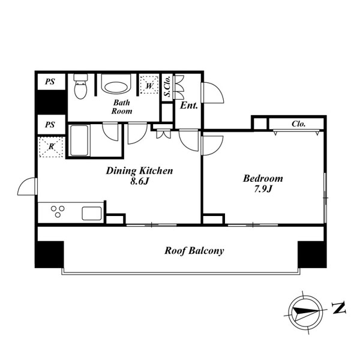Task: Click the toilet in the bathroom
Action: tap(80, 86)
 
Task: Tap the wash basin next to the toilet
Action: tap(116, 84)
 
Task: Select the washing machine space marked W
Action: tap(149, 85)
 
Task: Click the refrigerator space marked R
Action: tap(51, 147)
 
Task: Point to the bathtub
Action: tap(79, 140)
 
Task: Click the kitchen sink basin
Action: tap(92, 214)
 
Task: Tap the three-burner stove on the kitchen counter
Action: tap(58, 211)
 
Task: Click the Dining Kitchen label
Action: tap(139, 170)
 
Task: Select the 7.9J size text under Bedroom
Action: tap(263, 189)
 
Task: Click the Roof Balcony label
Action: tap(194, 250)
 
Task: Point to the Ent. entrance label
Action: tap(189, 106)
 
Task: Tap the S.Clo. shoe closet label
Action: tap(167, 86)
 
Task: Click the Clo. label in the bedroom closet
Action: tap(298, 124)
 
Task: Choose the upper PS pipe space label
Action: tap(50, 82)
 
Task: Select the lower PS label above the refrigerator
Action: tap(50, 125)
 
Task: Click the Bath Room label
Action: tap(122, 107)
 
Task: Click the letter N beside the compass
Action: tap(339, 308)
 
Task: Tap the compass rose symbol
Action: tap(306, 313)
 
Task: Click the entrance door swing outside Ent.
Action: tap(212, 92)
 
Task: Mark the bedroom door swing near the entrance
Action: tap(212, 146)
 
